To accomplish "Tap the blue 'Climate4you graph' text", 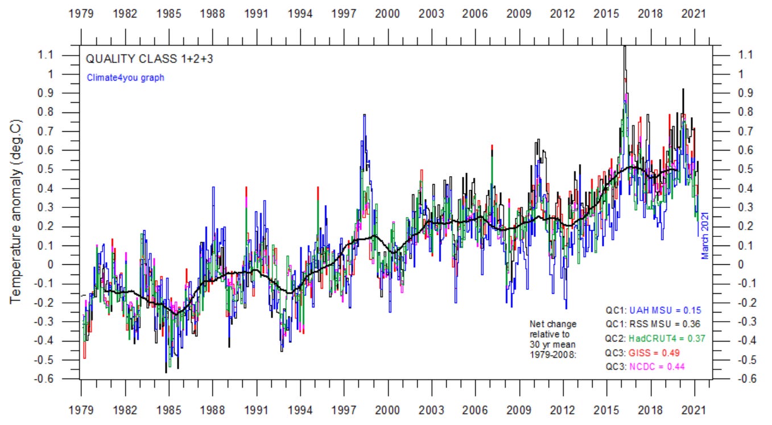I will click(x=125, y=77).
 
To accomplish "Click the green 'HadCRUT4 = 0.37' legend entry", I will click(x=662, y=339).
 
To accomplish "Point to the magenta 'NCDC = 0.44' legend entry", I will click(x=655, y=367).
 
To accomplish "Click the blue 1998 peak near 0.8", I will click(x=364, y=115).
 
